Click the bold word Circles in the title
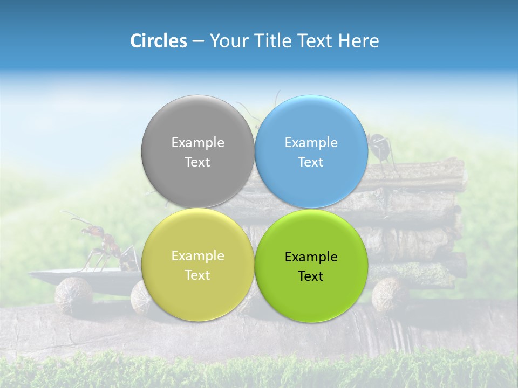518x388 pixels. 158,41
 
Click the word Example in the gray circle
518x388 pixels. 197,143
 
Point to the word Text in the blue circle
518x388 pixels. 311,162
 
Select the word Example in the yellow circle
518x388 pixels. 197,256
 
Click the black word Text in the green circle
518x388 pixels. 311,276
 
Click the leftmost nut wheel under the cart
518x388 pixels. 74,295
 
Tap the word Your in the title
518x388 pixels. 227,41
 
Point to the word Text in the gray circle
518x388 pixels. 197,162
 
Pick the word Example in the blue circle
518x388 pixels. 311,143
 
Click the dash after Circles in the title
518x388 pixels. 198,41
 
